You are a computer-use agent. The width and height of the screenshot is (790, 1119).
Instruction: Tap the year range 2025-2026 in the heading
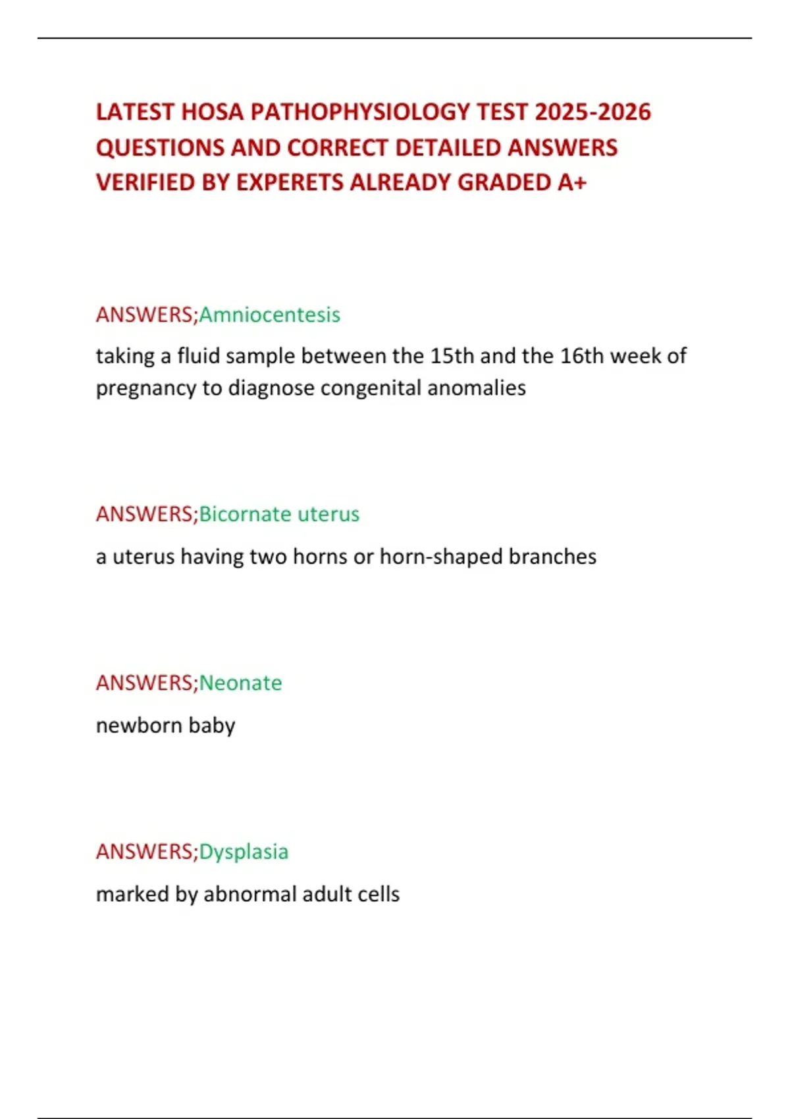click(x=592, y=113)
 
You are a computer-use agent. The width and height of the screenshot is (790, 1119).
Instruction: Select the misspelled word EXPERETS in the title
click(x=290, y=182)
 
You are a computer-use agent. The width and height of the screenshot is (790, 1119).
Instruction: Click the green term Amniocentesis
click(x=269, y=315)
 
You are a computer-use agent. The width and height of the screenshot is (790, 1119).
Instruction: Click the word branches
click(x=552, y=557)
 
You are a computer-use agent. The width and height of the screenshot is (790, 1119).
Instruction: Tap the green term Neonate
click(x=240, y=683)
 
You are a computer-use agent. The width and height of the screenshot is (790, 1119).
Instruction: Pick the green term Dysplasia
click(x=244, y=852)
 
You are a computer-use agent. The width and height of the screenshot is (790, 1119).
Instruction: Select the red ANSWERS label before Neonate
click(x=145, y=683)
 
